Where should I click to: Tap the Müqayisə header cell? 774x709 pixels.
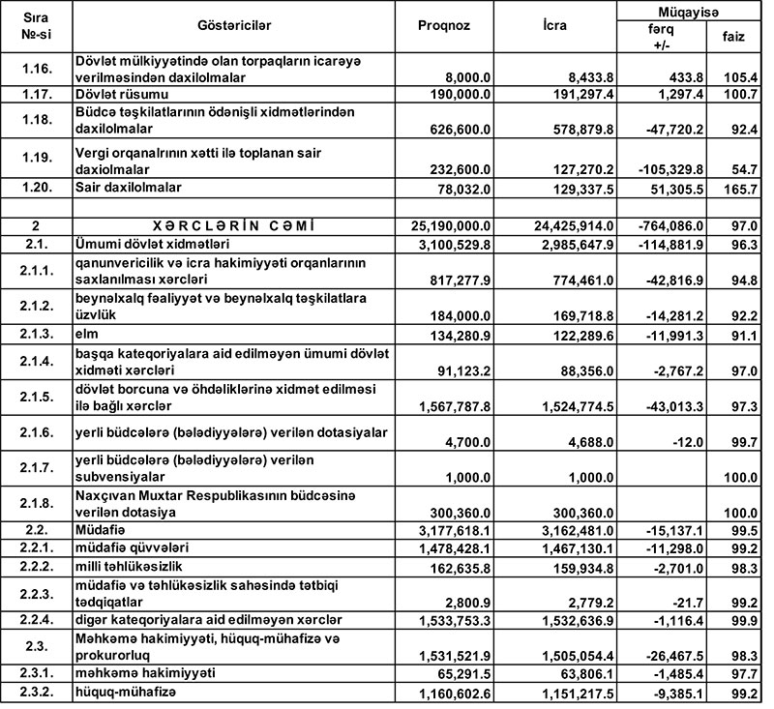[x=688, y=12]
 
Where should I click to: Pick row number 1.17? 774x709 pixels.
[x=39, y=94]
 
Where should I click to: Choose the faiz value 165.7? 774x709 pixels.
[x=739, y=187]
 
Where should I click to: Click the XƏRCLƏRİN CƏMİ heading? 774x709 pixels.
[x=232, y=224]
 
